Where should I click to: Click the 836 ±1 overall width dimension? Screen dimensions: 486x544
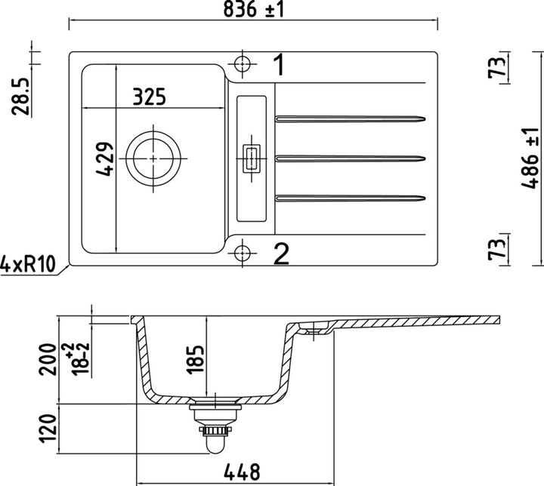point(254,10)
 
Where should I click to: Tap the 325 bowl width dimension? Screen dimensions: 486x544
point(149,97)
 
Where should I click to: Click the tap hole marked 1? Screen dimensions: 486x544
point(242,63)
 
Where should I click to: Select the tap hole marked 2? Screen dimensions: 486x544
point(242,253)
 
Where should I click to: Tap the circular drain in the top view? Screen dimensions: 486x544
point(153,158)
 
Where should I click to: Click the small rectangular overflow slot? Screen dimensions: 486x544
point(252,158)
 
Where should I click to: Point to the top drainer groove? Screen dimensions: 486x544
point(351,118)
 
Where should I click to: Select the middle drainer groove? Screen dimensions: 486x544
point(351,158)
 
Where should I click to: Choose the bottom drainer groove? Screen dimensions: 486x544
point(351,198)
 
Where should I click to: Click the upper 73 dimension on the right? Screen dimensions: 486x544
point(496,69)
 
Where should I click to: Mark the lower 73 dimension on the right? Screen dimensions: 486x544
point(496,248)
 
